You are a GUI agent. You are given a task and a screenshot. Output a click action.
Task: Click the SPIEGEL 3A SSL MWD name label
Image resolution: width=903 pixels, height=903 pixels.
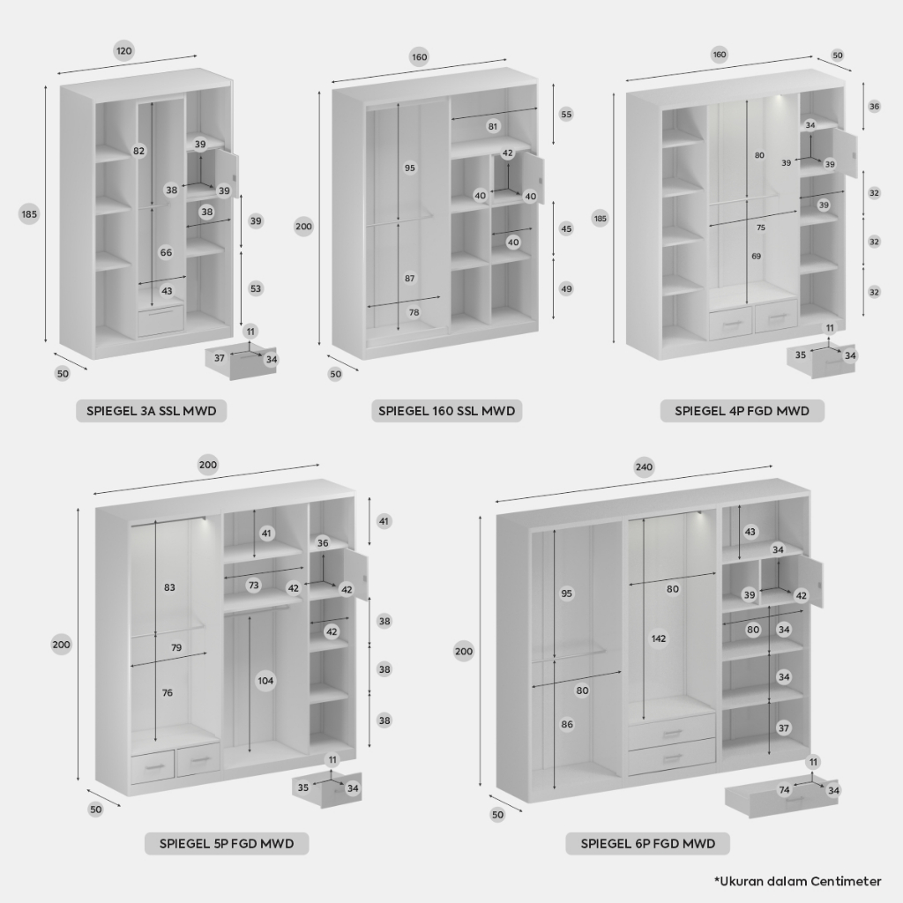pyautogui.click(x=152, y=411)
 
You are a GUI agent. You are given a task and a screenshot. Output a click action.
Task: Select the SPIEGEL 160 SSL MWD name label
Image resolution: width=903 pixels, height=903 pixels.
pyautogui.click(x=446, y=411)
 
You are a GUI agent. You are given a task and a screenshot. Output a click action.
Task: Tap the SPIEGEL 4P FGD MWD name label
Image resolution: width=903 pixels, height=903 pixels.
pyautogui.click(x=742, y=411)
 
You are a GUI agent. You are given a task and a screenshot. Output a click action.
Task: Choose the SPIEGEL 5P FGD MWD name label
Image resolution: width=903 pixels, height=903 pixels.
pyautogui.click(x=227, y=844)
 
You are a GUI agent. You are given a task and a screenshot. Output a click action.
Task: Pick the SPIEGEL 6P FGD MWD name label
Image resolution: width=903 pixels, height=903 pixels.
pyautogui.click(x=648, y=844)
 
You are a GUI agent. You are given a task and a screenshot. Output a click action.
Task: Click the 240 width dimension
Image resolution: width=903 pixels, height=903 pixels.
pyautogui.click(x=644, y=466)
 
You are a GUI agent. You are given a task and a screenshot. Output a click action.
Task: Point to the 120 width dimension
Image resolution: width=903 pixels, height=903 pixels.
pyautogui.click(x=123, y=50)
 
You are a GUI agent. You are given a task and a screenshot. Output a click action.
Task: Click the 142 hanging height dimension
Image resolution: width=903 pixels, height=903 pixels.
pyautogui.click(x=658, y=638)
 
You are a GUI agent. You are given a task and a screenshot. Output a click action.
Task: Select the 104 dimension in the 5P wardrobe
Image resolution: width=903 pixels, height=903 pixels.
pyautogui.click(x=265, y=681)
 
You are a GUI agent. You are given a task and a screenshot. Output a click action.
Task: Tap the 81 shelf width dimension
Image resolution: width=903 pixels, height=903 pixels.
pyautogui.click(x=493, y=126)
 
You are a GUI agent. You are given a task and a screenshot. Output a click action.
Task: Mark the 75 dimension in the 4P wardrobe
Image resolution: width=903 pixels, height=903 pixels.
pyautogui.click(x=761, y=228)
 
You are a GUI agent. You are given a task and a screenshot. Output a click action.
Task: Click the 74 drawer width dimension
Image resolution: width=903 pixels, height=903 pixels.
pyautogui.click(x=784, y=790)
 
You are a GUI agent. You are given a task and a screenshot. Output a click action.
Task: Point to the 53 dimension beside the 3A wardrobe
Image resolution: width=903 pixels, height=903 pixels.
pyautogui.click(x=256, y=288)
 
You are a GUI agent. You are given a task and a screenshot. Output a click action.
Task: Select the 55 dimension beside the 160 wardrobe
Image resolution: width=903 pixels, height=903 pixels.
pyautogui.click(x=566, y=114)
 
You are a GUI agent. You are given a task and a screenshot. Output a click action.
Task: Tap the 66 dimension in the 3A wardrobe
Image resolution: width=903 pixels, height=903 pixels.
pyautogui.click(x=166, y=252)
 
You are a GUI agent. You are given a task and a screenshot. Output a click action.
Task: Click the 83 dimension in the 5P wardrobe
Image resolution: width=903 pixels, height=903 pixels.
pyautogui.click(x=169, y=587)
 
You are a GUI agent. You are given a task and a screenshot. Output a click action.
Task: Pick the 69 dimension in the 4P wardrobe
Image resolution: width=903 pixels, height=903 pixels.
pyautogui.click(x=756, y=256)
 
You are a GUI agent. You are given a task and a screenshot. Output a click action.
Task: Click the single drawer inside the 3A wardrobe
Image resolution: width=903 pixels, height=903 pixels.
pyautogui.click(x=160, y=321)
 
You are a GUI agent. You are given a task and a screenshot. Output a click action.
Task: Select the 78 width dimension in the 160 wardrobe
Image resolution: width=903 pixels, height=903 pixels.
pyautogui.click(x=414, y=312)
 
